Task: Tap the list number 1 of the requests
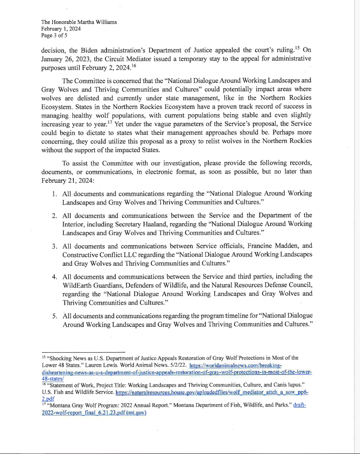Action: tap(55, 193)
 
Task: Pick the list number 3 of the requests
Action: tap(55, 246)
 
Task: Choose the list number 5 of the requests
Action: tap(55, 316)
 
